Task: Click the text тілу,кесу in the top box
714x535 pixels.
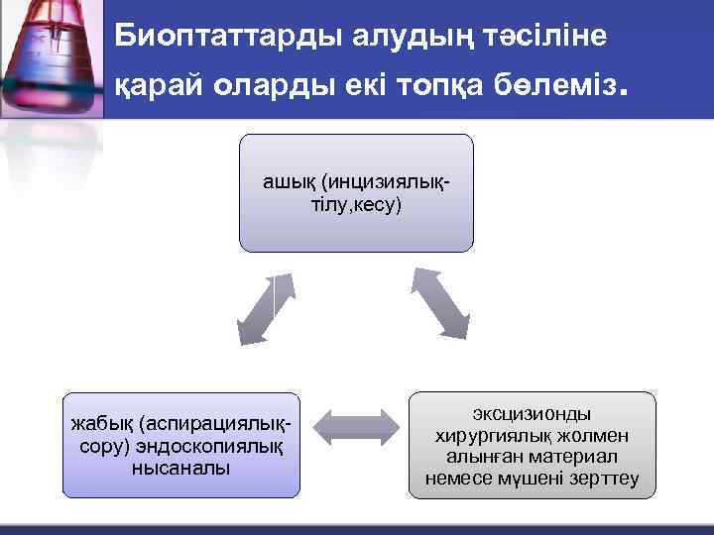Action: [x=356, y=205]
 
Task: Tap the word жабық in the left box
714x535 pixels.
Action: [x=103, y=425]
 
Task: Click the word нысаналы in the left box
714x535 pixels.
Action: [x=180, y=467]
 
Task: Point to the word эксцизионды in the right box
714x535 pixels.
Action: [x=533, y=414]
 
